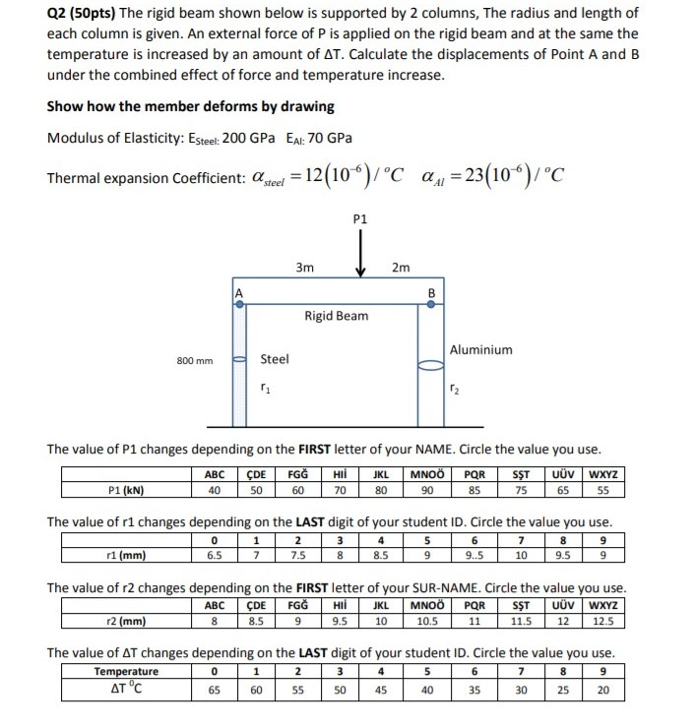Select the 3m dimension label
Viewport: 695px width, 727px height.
tap(305, 267)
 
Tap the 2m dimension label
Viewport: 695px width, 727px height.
tap(400, 267)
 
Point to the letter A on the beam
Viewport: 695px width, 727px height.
tap(237, 292)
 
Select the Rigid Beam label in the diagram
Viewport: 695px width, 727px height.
tap(336, 316)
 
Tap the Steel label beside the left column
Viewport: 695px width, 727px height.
tap(275, 359)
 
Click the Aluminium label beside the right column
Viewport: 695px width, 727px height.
tap(480, 349)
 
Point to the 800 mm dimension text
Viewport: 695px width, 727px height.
tap(194, 361)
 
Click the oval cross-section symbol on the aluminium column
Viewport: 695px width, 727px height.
tap(431, 367)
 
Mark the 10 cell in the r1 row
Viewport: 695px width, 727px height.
tap(522, 555)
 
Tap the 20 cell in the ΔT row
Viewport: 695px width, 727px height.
tap(602, 691)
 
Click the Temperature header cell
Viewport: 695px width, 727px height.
tap(126, 673)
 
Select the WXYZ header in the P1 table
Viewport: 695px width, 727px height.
tap(602, 473)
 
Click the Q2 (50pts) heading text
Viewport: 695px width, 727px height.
tap(82, 14)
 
